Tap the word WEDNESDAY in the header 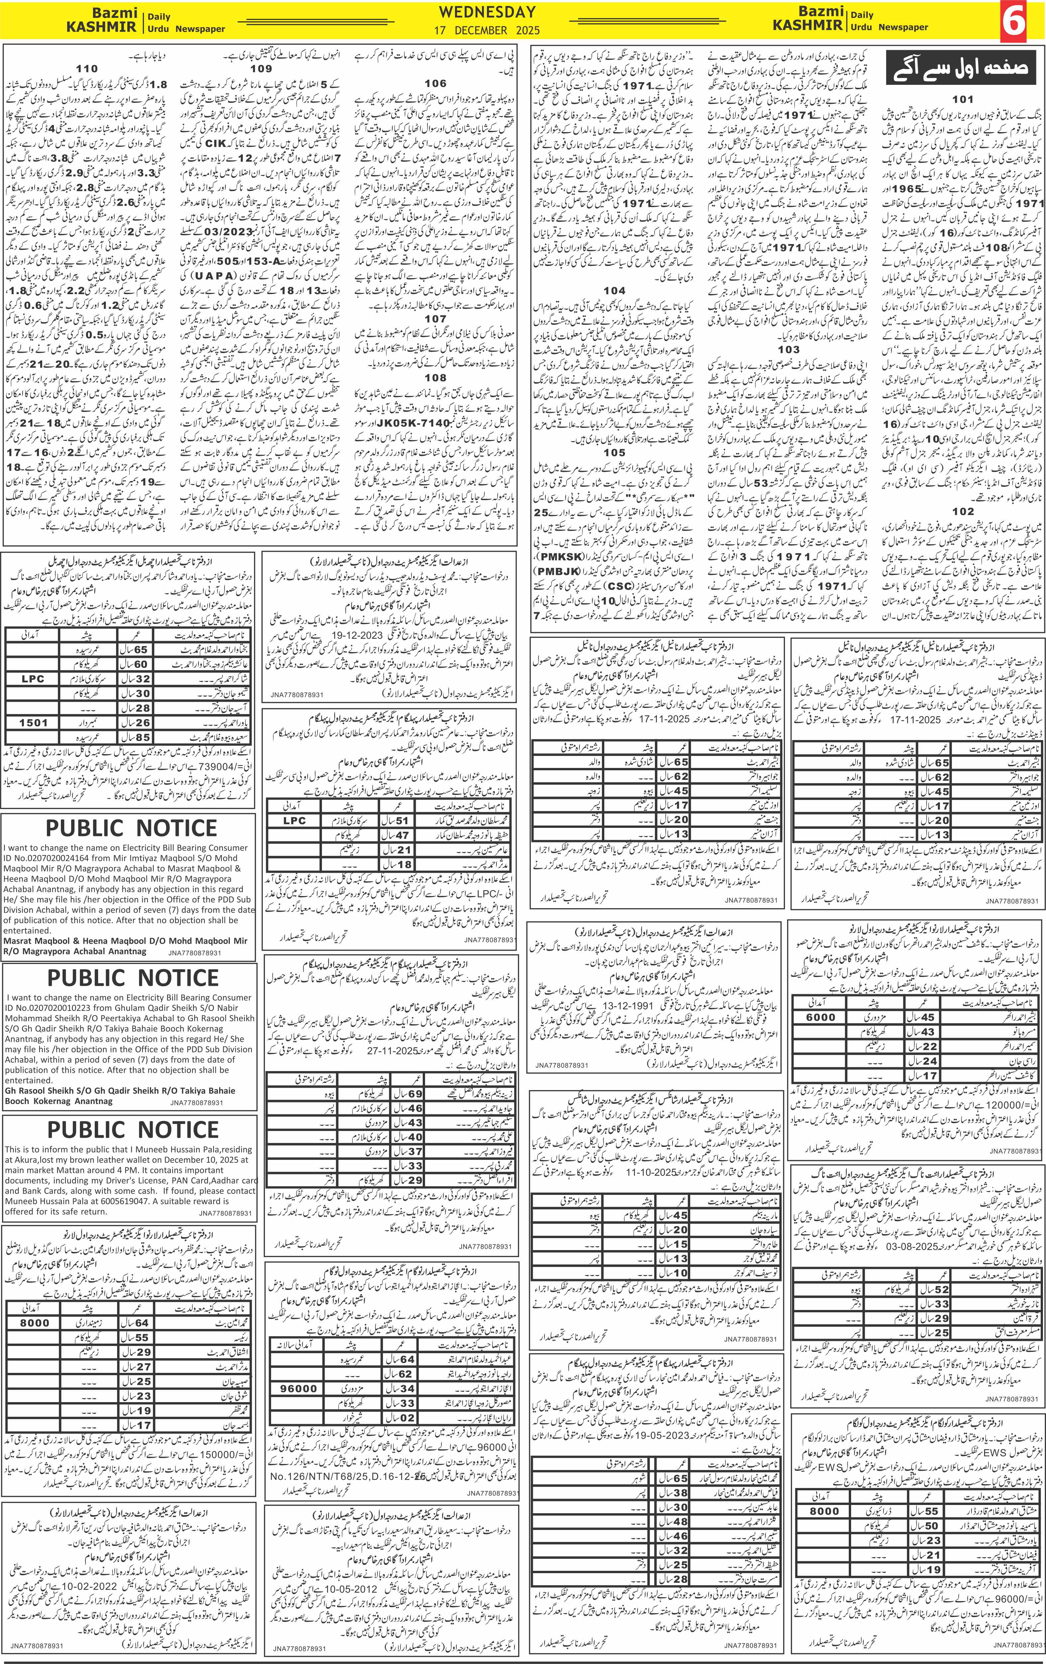point(487,12)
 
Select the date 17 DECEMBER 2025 point(487,31)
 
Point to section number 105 point(614,453)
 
